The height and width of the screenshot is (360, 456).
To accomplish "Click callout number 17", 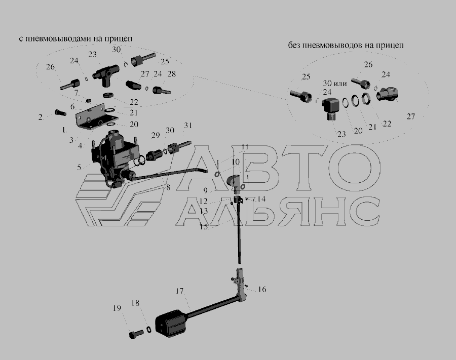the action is click(x=179, y=291).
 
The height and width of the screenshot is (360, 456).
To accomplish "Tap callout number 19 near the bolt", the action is click(x=117, y=308).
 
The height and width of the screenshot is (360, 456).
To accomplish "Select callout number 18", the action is click(x=135, y=303).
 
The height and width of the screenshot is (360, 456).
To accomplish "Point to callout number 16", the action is click(x=262, y=290).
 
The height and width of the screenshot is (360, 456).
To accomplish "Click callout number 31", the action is click(x=188, y=125).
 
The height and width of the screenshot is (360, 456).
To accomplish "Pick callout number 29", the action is click(x=156, y=135).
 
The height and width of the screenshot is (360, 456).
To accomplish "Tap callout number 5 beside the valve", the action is click(x=79, y=168).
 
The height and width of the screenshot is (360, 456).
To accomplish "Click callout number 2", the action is click(x=40, y=117).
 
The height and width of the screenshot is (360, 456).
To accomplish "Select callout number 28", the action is click(x=172, y=74).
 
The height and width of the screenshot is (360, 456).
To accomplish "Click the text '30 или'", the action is click(x=335, y=84).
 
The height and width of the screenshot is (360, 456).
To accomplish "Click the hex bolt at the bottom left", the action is click(x=136, y=334).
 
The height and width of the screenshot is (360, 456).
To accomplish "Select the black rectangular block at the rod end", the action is click(x=170, y=323).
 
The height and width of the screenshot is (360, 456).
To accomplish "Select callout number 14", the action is click(x=261, y=199).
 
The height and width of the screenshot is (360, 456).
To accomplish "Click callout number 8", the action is click(x=168, y=188).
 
